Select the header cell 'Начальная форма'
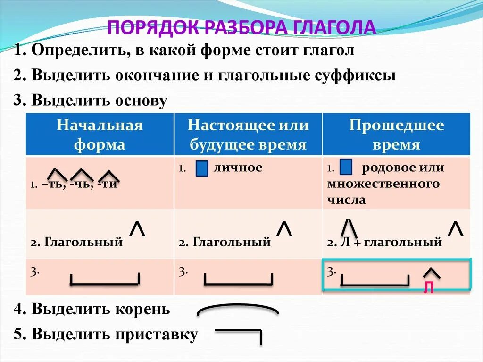click(100, 135)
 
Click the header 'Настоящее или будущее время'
click(248, 135)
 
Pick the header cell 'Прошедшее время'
click(396, 135)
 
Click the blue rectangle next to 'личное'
click(201, 169)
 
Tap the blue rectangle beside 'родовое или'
click(346, 168)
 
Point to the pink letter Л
click(428, 288)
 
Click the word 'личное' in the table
click(238, 168)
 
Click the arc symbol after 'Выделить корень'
click(238, 310)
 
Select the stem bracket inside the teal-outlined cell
click(375, 280)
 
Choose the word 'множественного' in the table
click(383, 184)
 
